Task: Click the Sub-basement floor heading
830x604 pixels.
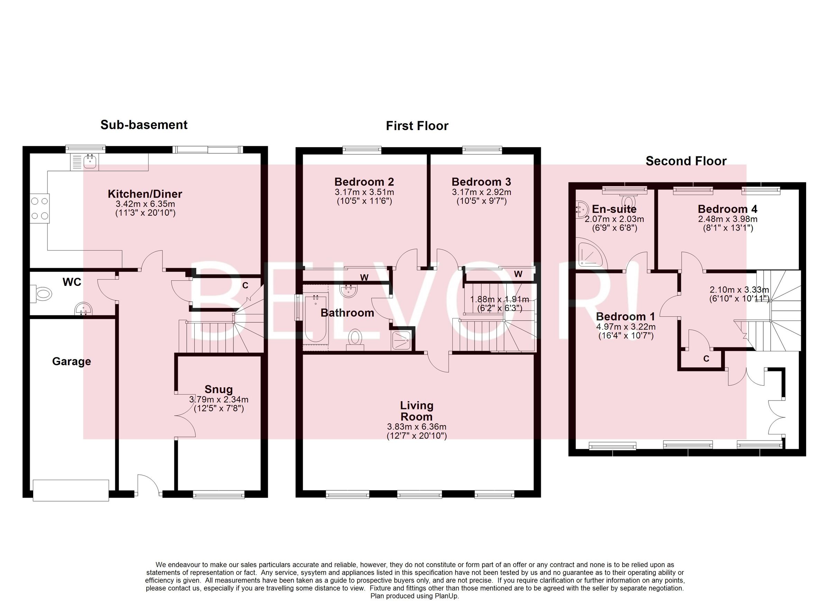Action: point(144,125)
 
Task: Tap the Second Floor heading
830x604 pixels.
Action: point(685,161)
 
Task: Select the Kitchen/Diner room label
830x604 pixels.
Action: point(145,194)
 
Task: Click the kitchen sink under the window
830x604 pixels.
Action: point(90,161)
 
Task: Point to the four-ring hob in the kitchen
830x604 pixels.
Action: point(39,208)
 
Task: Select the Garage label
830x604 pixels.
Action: point(71,361)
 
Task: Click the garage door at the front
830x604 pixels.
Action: point(71,490)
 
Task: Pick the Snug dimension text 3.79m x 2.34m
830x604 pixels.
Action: point(219,400)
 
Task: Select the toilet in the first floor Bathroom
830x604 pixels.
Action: point(354,337)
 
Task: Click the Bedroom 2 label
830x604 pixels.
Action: point(364,182)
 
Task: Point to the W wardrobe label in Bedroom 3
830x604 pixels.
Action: point(518,274)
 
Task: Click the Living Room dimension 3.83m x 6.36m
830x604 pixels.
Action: point(416,427)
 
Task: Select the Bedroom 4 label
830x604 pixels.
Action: point(727,209)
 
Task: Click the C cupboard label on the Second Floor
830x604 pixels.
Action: point(706,359)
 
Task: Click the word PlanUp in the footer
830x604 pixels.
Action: point(446,596)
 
